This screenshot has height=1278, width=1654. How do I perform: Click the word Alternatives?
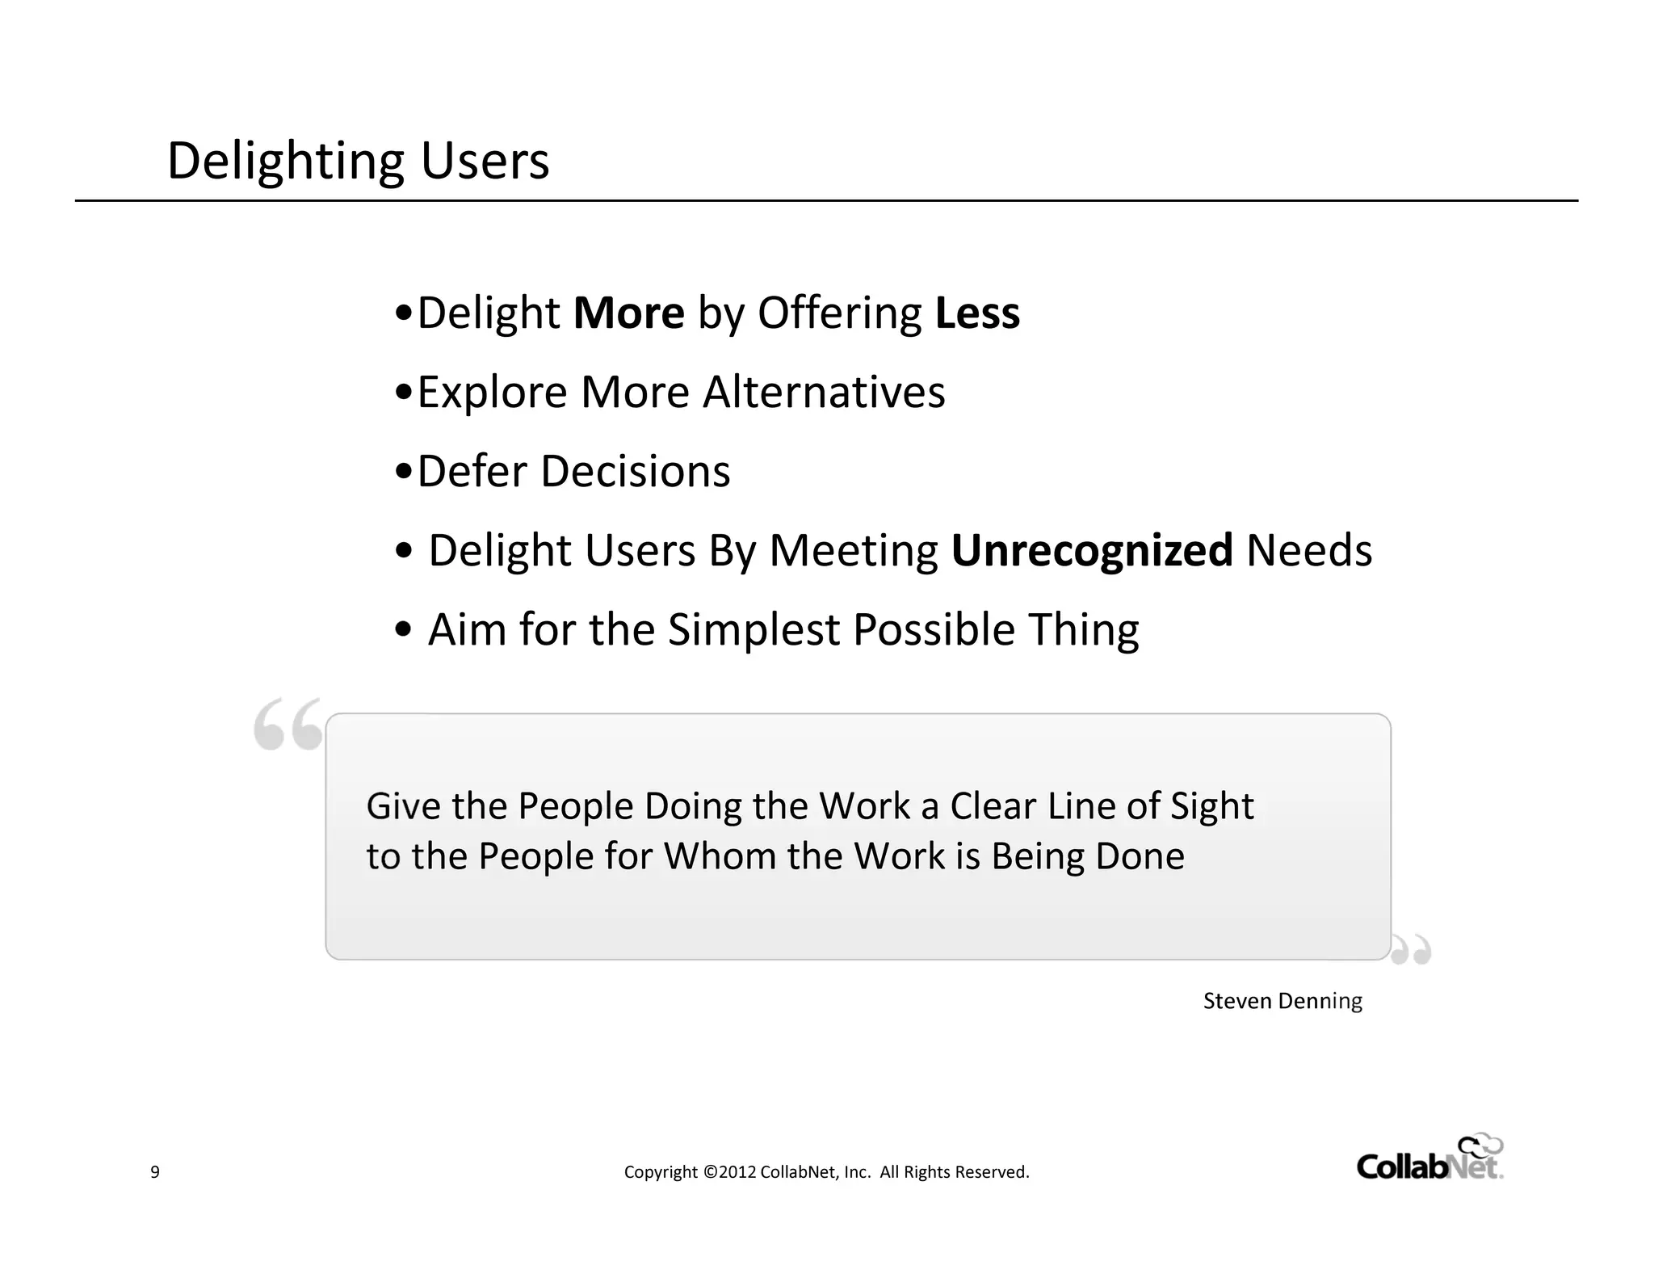coord(823,392)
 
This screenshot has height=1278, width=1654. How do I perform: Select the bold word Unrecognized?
coord(1092,551)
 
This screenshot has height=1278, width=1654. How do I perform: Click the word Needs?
coord(1308,550)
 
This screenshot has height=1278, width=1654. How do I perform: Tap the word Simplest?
coord(754,629)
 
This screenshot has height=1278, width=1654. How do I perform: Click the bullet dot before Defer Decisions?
coord(405,471)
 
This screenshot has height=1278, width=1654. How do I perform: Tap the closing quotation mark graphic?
coord(1411,950)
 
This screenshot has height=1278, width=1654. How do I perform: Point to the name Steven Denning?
coord(1282,1001)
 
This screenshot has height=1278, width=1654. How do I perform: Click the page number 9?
coord(155,1172)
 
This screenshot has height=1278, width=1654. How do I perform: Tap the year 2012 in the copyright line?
coord(737,1172)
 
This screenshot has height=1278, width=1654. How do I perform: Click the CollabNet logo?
coord(1429,1158)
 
